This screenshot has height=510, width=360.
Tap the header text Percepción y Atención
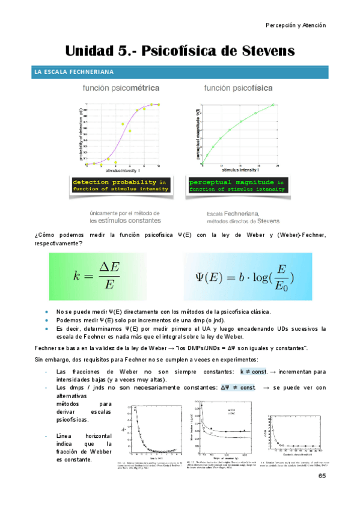[x=296, y=25]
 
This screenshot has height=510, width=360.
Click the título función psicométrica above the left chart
[x=121, y=88]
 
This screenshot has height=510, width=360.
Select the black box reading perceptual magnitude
[x=237, y=185]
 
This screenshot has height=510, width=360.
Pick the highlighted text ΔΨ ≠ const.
[x=238, y=388]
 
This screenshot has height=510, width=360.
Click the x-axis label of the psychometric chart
[x=123, y=170]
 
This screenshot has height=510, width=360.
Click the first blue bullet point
[x=47, y=312]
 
